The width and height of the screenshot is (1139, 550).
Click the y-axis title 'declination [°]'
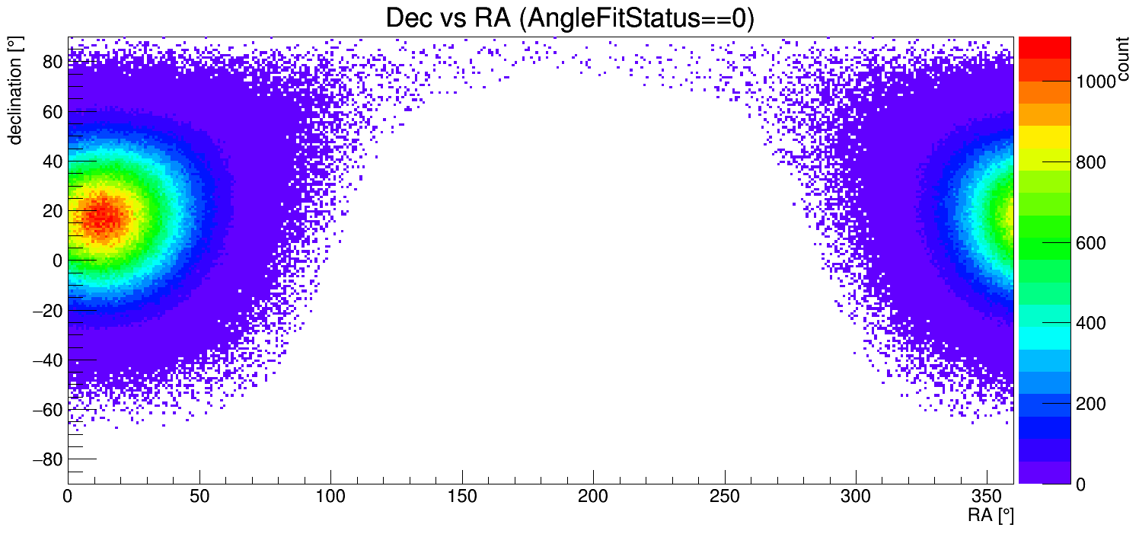tap(15, 91)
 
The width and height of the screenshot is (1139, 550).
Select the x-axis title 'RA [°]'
tap(991, 516)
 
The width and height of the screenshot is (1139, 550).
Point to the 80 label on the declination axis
tap(51, 62)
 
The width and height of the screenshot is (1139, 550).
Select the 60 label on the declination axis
tap(51, 112)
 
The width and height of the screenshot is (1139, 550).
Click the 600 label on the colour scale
tap(1091, 243)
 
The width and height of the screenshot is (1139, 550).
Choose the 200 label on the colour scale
tap(1091, 404)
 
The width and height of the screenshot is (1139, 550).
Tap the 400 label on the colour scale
tap(1091, 324)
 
